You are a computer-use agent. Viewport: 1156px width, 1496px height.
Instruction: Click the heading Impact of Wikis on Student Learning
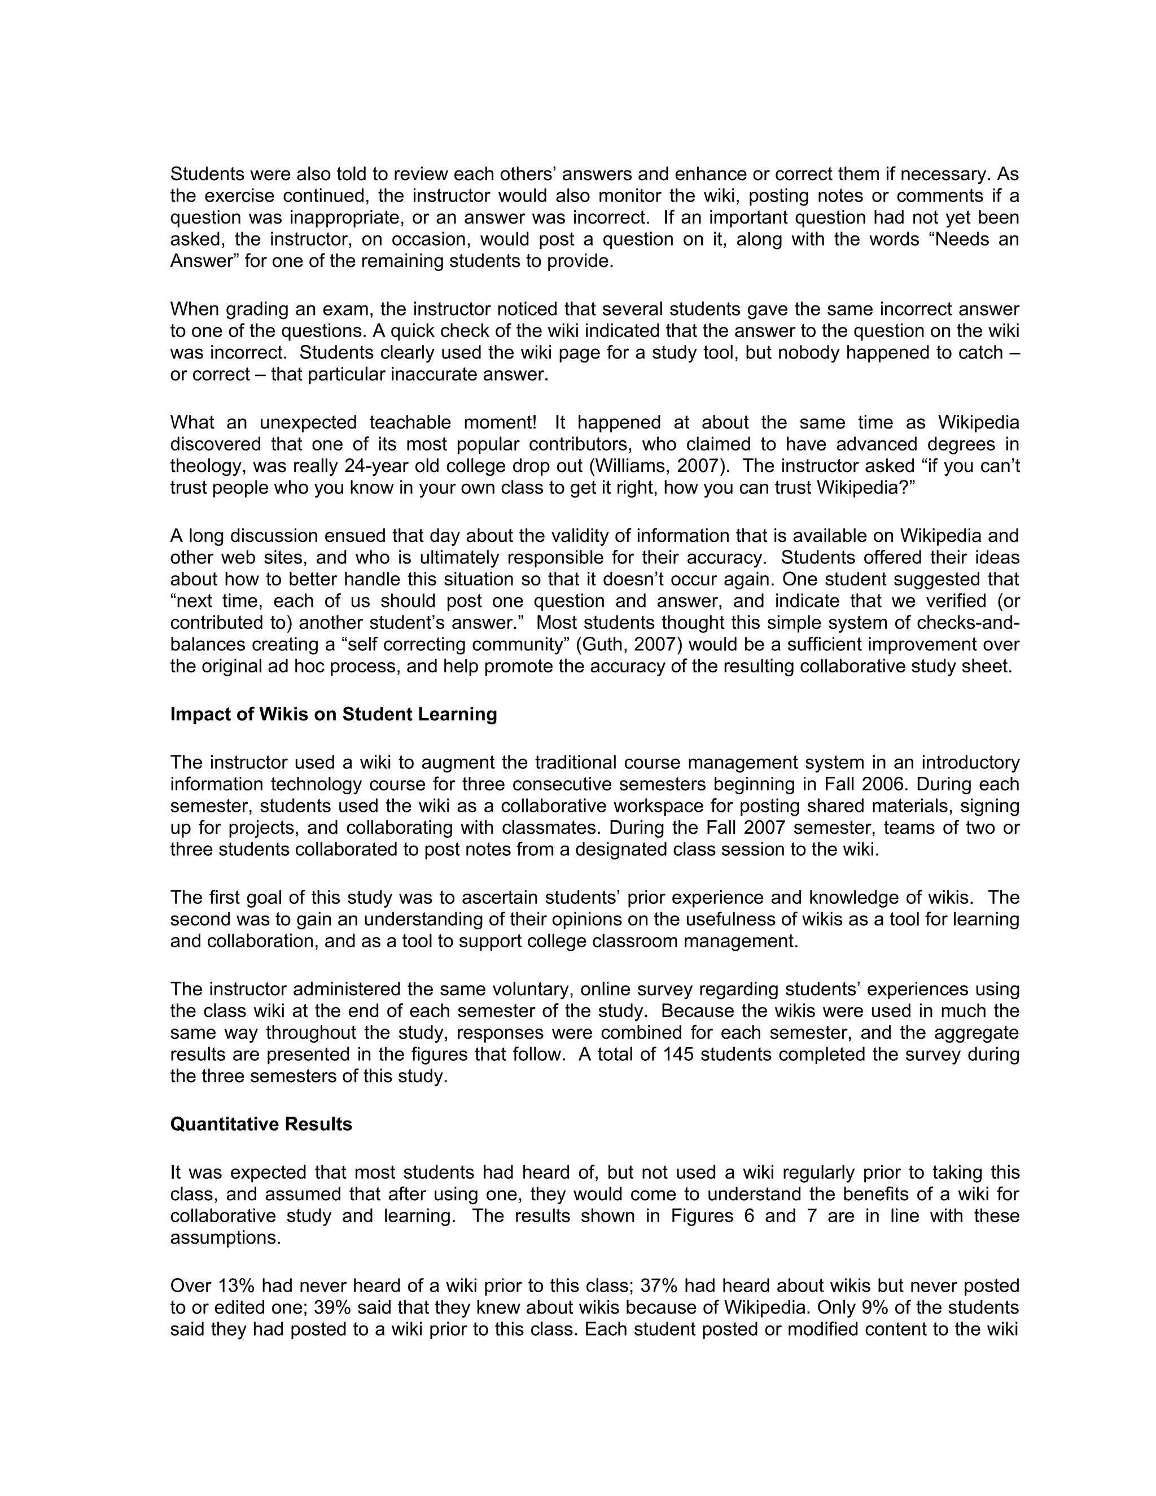[334, 715]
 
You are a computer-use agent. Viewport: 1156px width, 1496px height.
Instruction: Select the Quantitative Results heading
[261, 1124]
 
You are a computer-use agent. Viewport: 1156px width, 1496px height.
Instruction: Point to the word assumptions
[225, 1238]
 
